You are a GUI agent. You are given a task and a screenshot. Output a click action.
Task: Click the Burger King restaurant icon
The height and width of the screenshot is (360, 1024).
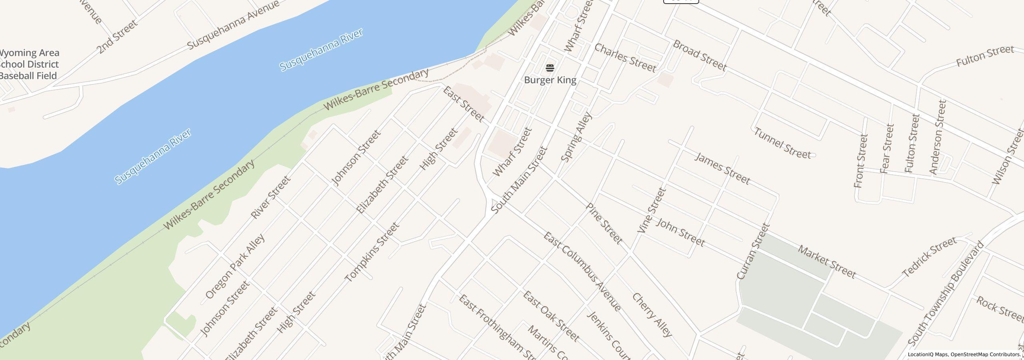pyautogui.click(x=550, y=68)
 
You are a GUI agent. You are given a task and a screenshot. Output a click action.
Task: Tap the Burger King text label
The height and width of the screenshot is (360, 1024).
pyautogui.click(x=550, y=80)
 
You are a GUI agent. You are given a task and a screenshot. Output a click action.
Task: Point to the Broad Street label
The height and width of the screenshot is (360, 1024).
pyautogui.click(x=699, y=56)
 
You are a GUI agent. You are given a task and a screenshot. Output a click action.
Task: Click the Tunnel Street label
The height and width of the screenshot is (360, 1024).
pyautogui.click(x=782, y=143)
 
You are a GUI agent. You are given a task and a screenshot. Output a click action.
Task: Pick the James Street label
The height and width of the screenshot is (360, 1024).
pyautogui.click(x=722, y=168)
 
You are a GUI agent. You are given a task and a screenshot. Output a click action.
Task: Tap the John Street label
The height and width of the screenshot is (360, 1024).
pyautogui.click(x=680, y=232)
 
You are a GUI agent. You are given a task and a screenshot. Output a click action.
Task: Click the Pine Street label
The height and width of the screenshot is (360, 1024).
pyautogui.click(x=604, y=224)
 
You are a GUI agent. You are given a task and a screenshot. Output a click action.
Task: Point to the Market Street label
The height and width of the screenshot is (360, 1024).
pyautogui.click(x=827, y=262)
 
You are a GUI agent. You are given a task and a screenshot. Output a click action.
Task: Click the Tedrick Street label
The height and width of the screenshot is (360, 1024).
pyautogui.click(x=929, y=256)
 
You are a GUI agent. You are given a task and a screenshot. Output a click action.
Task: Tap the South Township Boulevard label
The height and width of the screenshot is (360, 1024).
pyautogui.click(x=946, y=294)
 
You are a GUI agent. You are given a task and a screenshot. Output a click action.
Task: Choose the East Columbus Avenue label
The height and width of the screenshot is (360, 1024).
pyautogui.click(x=582, y=272)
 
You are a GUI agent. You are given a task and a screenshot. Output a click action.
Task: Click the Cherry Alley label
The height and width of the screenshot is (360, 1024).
pyautogui.click(x=652, y=315)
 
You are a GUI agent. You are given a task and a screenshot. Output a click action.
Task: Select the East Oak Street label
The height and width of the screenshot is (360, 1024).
pyautogui.click(x=551, y=316)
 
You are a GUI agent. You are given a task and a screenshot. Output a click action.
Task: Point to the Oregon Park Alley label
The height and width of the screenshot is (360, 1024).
pyautogui.click(x=235, y=266)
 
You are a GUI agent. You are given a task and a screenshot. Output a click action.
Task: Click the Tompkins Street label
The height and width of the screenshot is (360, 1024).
pyautogui.click(x=372, y=252)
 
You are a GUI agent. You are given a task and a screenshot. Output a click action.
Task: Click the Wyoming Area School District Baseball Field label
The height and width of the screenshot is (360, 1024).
pyautogui.click(x=29, y=64)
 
